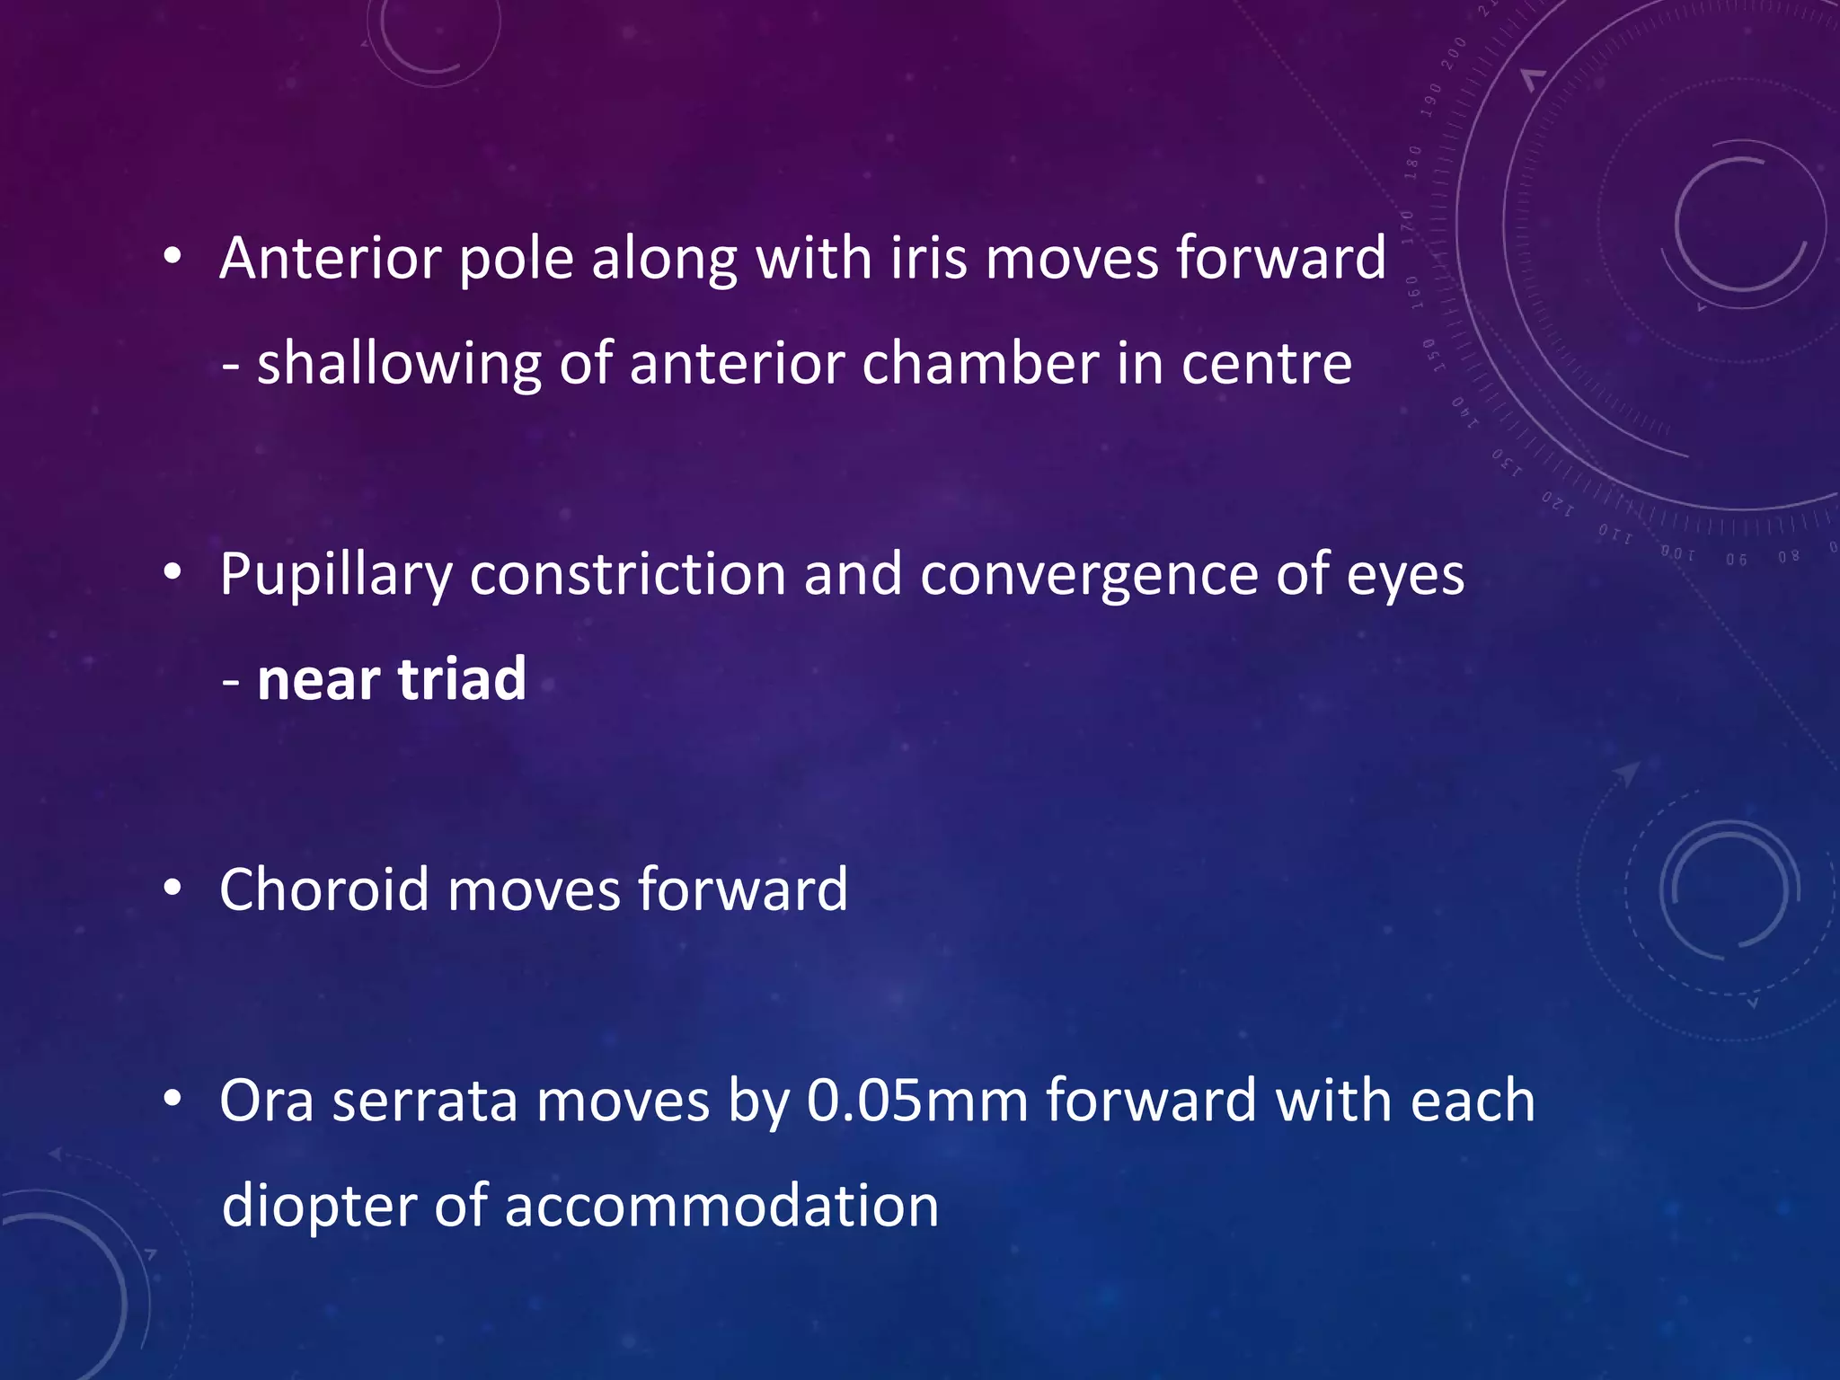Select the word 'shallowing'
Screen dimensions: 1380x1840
[x=399, y=366]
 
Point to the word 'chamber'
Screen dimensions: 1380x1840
[x=979, y=364]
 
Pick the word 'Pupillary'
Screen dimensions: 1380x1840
[x=335, y=576]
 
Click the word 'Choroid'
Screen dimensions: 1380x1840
[x=323, y=889]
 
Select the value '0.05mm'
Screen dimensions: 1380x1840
[x=917, y=1101]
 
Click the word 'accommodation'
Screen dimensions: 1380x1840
[x=721, y=1207]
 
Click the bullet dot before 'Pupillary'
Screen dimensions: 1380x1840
[x=173, y=573]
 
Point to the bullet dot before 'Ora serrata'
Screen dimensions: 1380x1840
[x=173, y=1099]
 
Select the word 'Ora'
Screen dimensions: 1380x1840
[x=267, y=1101]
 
